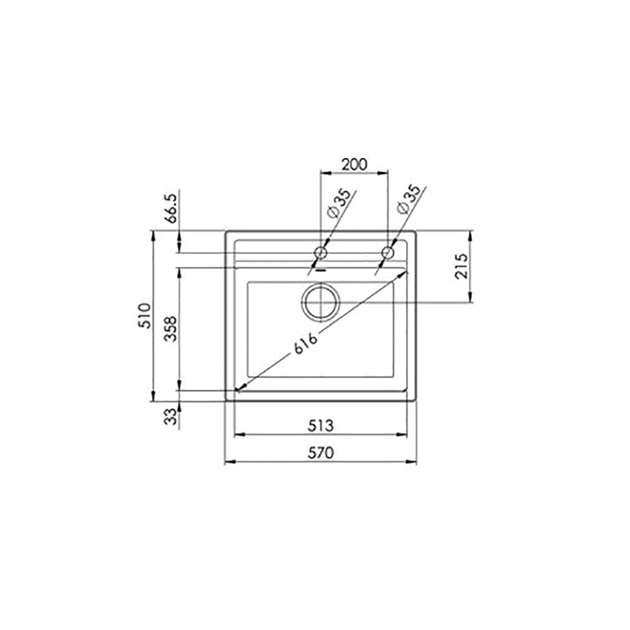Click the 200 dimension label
tap(354, 164)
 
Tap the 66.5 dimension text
tap(171, 208)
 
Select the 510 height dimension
tap(145, 316)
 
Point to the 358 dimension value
tap(171, 328)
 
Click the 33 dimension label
tap(171, 416)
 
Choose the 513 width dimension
tap(321, 425)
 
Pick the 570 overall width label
tap(321, 453)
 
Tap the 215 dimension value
tap(462, 266)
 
